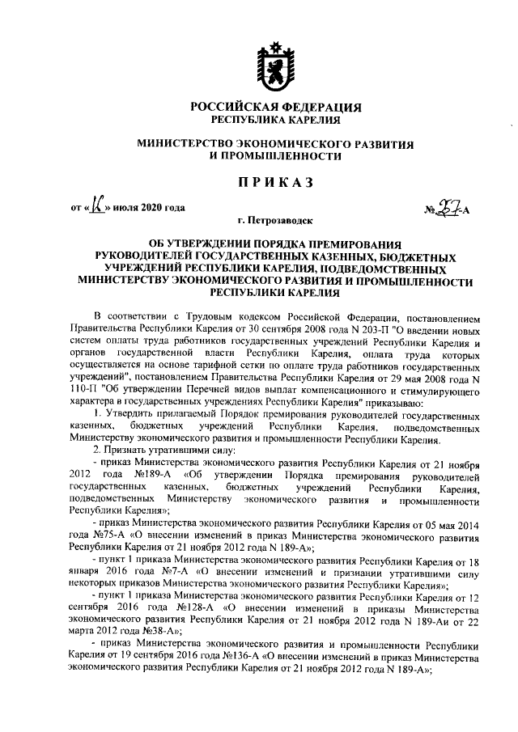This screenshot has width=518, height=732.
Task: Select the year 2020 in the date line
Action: point(152,207)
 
